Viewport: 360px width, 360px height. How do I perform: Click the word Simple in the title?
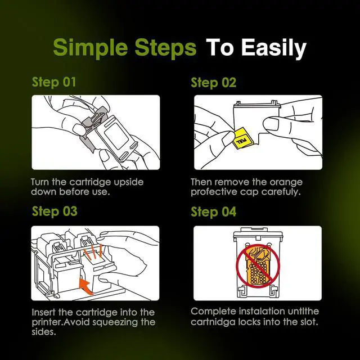(91, 47)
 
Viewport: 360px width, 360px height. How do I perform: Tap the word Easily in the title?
(274, 48)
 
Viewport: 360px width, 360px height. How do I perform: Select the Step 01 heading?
(54, 83)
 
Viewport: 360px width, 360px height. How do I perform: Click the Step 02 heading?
(213, 83)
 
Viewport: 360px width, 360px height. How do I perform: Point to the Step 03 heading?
(55, 211)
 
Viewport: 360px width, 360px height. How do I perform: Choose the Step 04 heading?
(213, 211)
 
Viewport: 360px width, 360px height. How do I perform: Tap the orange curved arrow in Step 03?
(86, 286)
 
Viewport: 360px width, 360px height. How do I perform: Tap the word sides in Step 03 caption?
(44, 332)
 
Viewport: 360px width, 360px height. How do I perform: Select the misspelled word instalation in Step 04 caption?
(260, 312)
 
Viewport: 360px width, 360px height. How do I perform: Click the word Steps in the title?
(165, 47)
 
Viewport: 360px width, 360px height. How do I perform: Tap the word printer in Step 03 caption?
(47, 322)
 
